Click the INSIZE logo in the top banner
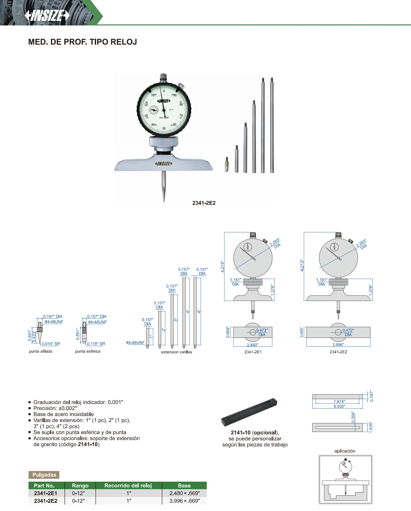pyautogui.click(x=47, y=15)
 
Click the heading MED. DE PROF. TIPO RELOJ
pyautogui.click(x=82, y=42)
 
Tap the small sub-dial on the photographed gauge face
pyautogui.click(x=154, y=110)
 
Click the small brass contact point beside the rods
pyautogui.click(x=227, y=164)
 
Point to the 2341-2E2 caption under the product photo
pyautogui.click(x=204, y=203)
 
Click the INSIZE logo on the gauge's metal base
pyautogui.click(x=164, y=164)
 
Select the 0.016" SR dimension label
pyautogui.click(x=51, y=344)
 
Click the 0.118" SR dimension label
pyautogui.click(x=96, y=344)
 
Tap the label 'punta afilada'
pyautogui.click(x=41, y=351)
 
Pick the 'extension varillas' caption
pyautogui.click(x=176, y=352)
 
